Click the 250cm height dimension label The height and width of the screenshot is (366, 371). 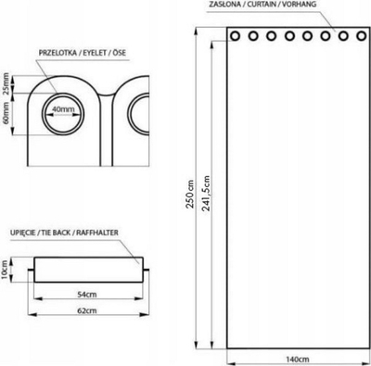pos(191,194)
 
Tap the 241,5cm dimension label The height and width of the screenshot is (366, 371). pos(206,194)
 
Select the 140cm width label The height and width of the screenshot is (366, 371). pos(297,360)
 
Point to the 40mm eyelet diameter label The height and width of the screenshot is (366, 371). pos(63,109)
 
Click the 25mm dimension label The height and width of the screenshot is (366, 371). pos(6,83)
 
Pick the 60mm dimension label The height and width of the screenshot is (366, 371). pos(6,113)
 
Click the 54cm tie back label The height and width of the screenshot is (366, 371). pos(87,295)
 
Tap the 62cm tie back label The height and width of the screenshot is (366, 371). pos(87,310)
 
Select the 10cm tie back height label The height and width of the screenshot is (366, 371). pos(5,270)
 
